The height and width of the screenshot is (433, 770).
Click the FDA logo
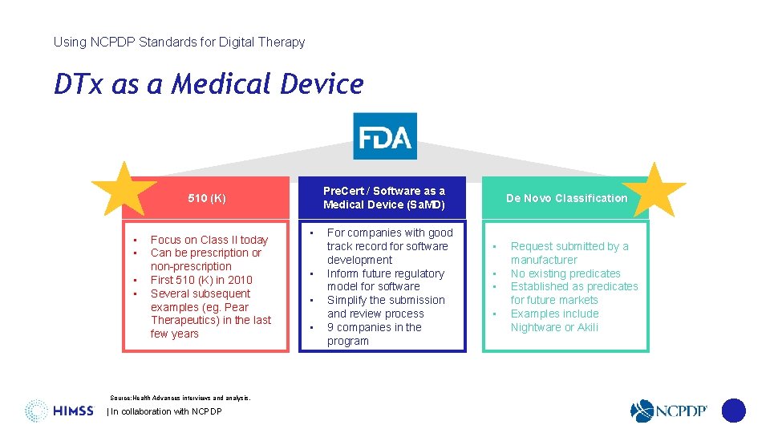pyautogui.click(x=385, y=136)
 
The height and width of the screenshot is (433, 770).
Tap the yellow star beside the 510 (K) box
pyautogui.click(x=124, y=190)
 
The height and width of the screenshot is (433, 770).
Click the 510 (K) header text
pyautogui.click(x=207, y=198)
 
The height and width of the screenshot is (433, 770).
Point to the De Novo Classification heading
pyautogui.click(x=566, y=198)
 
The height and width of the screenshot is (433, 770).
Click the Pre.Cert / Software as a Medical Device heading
pyautogui.click(x=383, y=197)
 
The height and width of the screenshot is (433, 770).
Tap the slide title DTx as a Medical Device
pyautogui.click(x=209, y=84)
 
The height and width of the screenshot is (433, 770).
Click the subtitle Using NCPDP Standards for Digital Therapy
pyautogui.click(x=179, y=42)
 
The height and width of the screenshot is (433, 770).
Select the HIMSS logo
pyautogui.click(x=59, y=411)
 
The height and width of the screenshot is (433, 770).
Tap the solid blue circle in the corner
pyautogui.click(x=733, y=411)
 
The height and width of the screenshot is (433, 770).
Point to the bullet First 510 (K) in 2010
pyautogui.click(x=201, y=280)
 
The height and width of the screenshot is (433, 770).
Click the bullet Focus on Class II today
pyautogui.click(x=209, y=240)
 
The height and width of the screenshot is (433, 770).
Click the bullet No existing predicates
pyautogui.click(x=565, y=273)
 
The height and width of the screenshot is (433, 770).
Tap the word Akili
pyautogui.click(x=586, y=327)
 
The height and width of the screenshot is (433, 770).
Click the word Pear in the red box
pyautogui.click(x=237, y=307)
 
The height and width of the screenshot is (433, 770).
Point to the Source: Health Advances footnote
pyautogui.click(x=180, y=398)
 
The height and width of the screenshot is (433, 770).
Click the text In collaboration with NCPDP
pyautogui.click(x=164, y=411)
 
